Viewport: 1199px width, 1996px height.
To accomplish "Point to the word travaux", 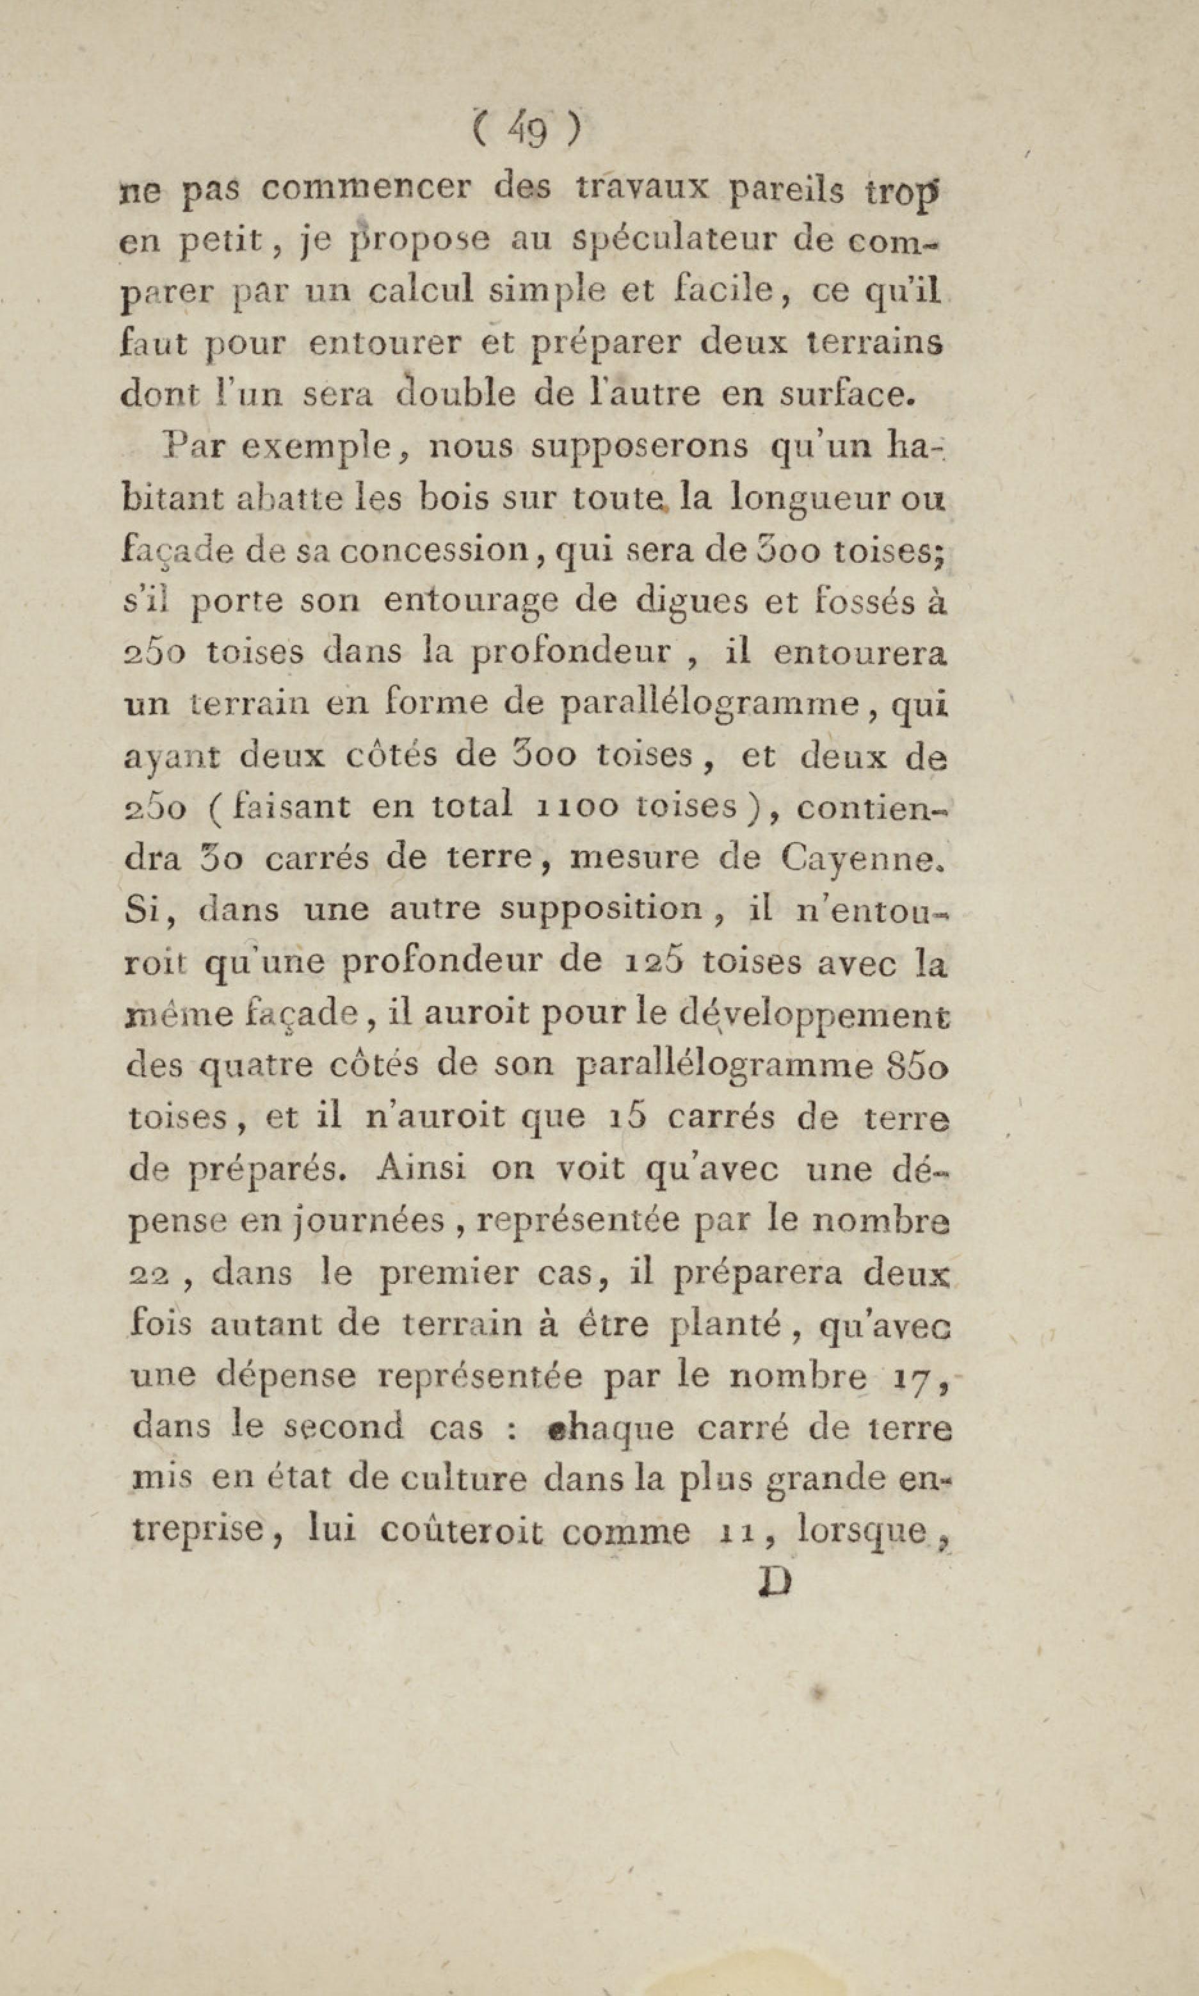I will pyautogui.click(x=642, y=189).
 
